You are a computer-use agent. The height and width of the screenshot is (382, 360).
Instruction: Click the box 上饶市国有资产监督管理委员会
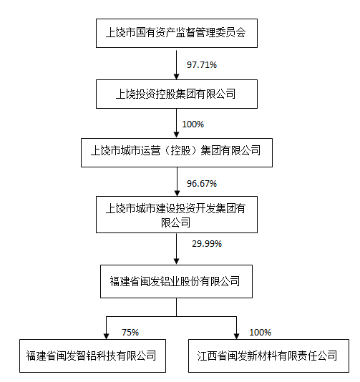[177, 33]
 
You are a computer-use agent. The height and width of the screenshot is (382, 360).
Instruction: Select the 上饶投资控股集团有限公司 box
[177, 94]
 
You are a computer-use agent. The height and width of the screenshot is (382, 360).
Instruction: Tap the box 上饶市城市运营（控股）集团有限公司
[177, 153]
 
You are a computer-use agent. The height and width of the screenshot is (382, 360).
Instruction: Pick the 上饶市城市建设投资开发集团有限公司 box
[177, 215]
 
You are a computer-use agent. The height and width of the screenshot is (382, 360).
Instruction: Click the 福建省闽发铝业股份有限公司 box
[177, 281]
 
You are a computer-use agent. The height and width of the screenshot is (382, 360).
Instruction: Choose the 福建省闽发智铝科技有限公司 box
[92, 356]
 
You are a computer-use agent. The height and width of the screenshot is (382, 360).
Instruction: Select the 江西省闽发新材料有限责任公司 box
[268, 356]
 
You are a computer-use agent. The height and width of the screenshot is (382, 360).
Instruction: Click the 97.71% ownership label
[202, 65]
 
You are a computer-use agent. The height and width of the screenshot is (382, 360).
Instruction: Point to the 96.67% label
[202, 183]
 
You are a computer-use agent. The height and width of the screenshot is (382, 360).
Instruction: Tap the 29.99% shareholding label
[207, 244]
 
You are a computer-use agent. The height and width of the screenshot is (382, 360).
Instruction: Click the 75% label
[130, 333]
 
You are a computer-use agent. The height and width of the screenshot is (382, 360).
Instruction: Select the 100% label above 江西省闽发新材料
[260, 333]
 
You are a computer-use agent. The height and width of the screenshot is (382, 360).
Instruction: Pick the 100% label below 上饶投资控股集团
[193, 124]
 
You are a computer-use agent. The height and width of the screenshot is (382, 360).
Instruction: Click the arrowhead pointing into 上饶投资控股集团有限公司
[177, 77]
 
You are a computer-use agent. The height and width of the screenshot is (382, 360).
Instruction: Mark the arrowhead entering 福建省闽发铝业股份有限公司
[177, 261]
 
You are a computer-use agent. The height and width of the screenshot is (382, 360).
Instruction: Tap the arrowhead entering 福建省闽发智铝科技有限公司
[106, 336]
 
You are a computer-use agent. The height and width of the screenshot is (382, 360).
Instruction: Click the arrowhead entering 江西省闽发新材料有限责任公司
[236, 336]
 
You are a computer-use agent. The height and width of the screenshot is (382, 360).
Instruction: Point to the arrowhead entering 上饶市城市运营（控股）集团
[177, 134]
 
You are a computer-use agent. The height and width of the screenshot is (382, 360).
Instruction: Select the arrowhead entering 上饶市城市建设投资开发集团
[177, 193]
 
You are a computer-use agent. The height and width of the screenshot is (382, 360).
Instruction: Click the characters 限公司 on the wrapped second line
[176, 222]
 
